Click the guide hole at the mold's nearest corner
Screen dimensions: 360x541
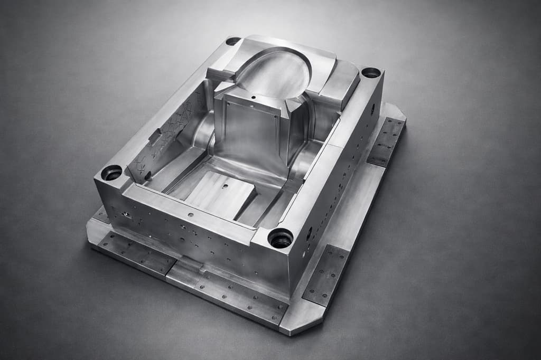[x=281, y=238]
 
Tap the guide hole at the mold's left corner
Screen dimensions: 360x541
[x=111, y=173]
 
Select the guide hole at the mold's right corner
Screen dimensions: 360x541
[x=371, y=72]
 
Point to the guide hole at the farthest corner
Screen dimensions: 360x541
[x=233, y=41]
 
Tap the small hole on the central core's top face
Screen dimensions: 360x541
[x=254, y=98]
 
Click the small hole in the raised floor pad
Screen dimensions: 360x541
[x=226, y=186]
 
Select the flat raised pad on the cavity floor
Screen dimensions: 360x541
[x=219, y=195]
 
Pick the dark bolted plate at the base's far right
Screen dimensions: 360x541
[x=387, y=141]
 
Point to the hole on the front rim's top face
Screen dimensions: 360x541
[x=190, y=214]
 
